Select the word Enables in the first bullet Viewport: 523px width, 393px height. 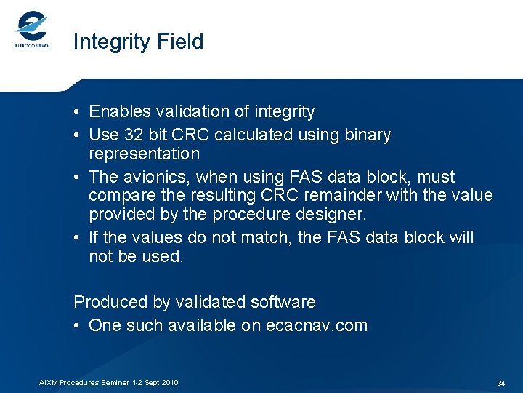pos(118,112)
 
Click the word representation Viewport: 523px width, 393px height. pos(144,154)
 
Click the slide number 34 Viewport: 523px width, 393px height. pos(500,383)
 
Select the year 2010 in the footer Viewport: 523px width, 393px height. pos(169,383)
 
